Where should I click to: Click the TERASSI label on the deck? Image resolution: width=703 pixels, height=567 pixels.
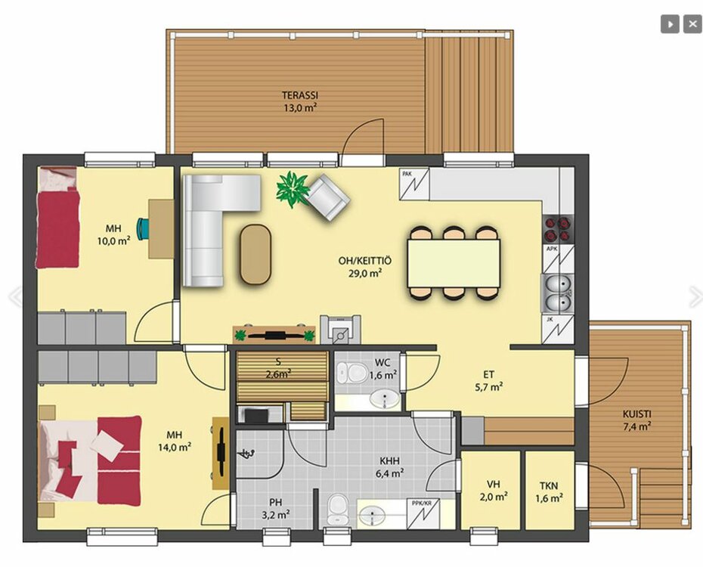(300, 95)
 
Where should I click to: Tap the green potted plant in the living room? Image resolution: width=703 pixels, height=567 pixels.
(293, 189)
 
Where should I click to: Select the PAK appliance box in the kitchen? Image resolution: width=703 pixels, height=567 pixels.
(413, 183)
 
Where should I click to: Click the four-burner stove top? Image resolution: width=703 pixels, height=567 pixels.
(559, 229)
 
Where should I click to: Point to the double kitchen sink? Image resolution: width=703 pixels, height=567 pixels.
(558, 293)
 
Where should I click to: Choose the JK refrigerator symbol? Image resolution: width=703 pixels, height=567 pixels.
(558, 330)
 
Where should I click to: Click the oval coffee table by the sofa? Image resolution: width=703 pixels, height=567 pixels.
(255, 254)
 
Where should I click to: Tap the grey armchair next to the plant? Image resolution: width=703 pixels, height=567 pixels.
(328, 197)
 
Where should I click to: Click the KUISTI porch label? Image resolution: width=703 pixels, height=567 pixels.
(636, 414)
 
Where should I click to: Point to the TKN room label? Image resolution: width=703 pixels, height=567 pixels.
(549, 485)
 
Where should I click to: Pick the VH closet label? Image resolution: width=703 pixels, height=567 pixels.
(493, 484)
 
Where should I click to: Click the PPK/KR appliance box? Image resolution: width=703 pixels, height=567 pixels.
(423, 513)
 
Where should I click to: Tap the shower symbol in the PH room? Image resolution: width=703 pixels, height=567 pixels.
(247, 454)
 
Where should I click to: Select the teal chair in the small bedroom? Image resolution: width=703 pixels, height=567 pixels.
(144, 228)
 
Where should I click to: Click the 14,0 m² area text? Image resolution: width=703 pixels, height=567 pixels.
(175, 447)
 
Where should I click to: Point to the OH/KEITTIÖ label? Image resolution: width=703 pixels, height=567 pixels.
(365, 261)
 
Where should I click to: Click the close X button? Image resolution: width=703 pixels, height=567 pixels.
(692, 24)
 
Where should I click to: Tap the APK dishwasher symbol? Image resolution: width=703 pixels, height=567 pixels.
(559, 259)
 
